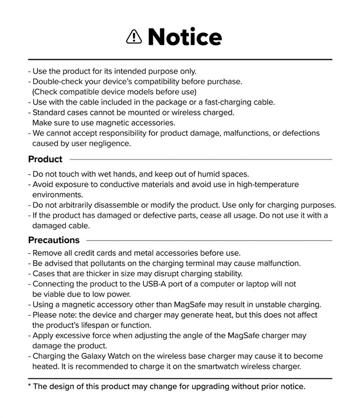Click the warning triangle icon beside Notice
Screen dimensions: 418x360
(x=134, y=37)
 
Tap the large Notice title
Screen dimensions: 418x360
(x=184, y=37)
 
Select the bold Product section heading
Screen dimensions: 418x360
(x=45, y=159)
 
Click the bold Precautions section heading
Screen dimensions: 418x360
(x=54, y=240)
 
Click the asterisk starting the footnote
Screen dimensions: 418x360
(x=30, y=386)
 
